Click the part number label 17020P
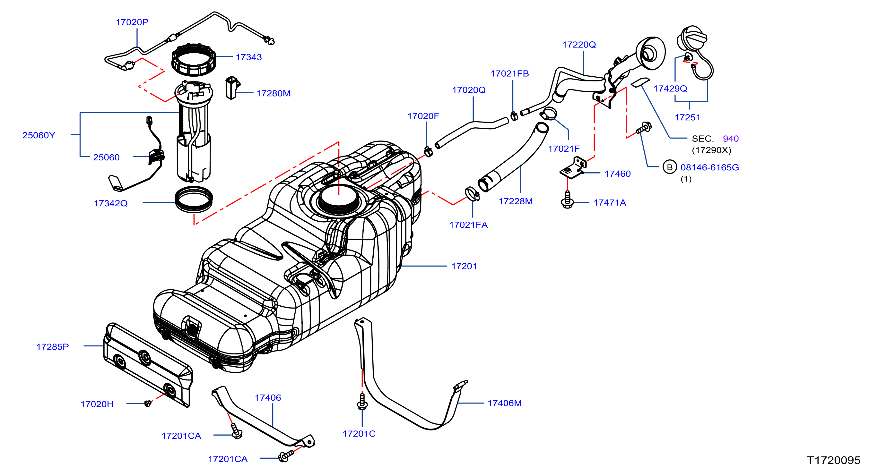tap(132, 22)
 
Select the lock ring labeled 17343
tap(194, 59)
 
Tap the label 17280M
tap(274, 93)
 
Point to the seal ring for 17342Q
tap(194, 199)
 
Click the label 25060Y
tap(39, 135)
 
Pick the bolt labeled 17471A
tap(567, 200)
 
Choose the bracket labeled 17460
tap(574, 168)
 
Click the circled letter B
tap(670, 167)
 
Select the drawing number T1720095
tap(833, 460)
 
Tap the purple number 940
tap(731, 139)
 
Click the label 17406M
tap(504, 404)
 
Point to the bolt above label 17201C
tap(362, 402)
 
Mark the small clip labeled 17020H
tap(148, 404)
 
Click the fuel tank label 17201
tap(464, 266)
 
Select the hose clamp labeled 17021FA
tap(472, 194)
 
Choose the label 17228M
tap(516, 201)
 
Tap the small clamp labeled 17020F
tap(428, 151)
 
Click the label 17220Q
tap(579, 45)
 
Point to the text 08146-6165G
tap(709, 167)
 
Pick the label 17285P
tap(52, 347)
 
